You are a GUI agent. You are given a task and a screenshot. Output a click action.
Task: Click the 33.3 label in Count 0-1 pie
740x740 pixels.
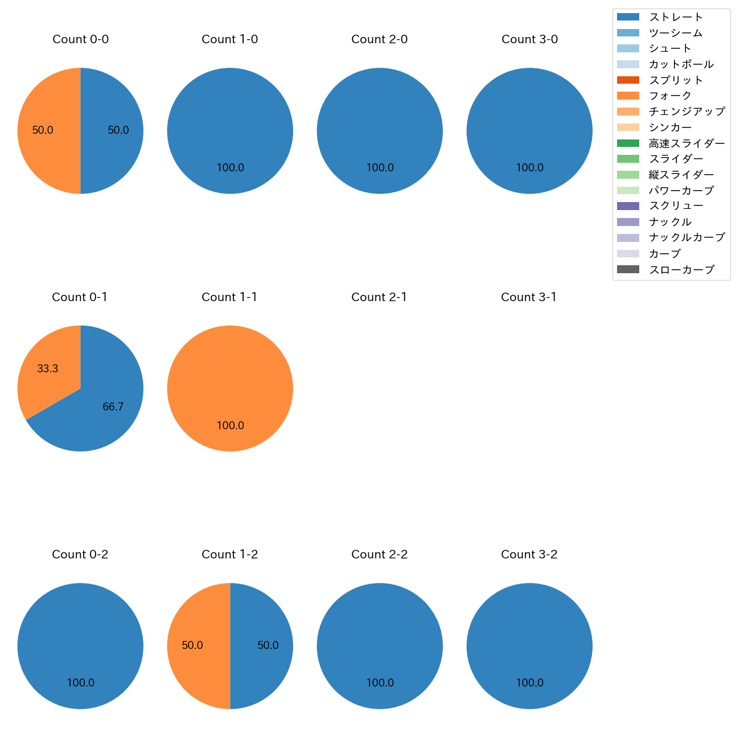click(x=48, y=369)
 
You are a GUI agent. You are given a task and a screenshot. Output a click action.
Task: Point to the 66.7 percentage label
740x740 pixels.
click(x=113, y=407)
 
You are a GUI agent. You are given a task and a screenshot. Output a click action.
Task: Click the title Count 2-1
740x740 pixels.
click(x=379, y=297)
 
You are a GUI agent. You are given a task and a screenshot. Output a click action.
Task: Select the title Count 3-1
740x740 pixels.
click(x=529, y=297)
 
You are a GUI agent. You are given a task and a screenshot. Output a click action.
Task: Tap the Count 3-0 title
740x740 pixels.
click(x=529, y=39)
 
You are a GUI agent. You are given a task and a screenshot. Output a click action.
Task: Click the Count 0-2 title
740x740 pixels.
click(x=80, y=554)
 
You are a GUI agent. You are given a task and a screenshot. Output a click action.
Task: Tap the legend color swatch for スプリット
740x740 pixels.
click(x=628, y=80)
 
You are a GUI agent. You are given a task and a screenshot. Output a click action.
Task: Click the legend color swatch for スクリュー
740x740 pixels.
click(x=628, y=206)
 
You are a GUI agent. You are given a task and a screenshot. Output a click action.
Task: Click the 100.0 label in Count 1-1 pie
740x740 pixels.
click(x=230, y=426)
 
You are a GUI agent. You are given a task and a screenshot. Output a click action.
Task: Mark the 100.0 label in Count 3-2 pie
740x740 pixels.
click(x=529, y=683)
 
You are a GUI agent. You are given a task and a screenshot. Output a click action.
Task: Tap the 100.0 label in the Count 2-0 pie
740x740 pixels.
click(x=380, y=168)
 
